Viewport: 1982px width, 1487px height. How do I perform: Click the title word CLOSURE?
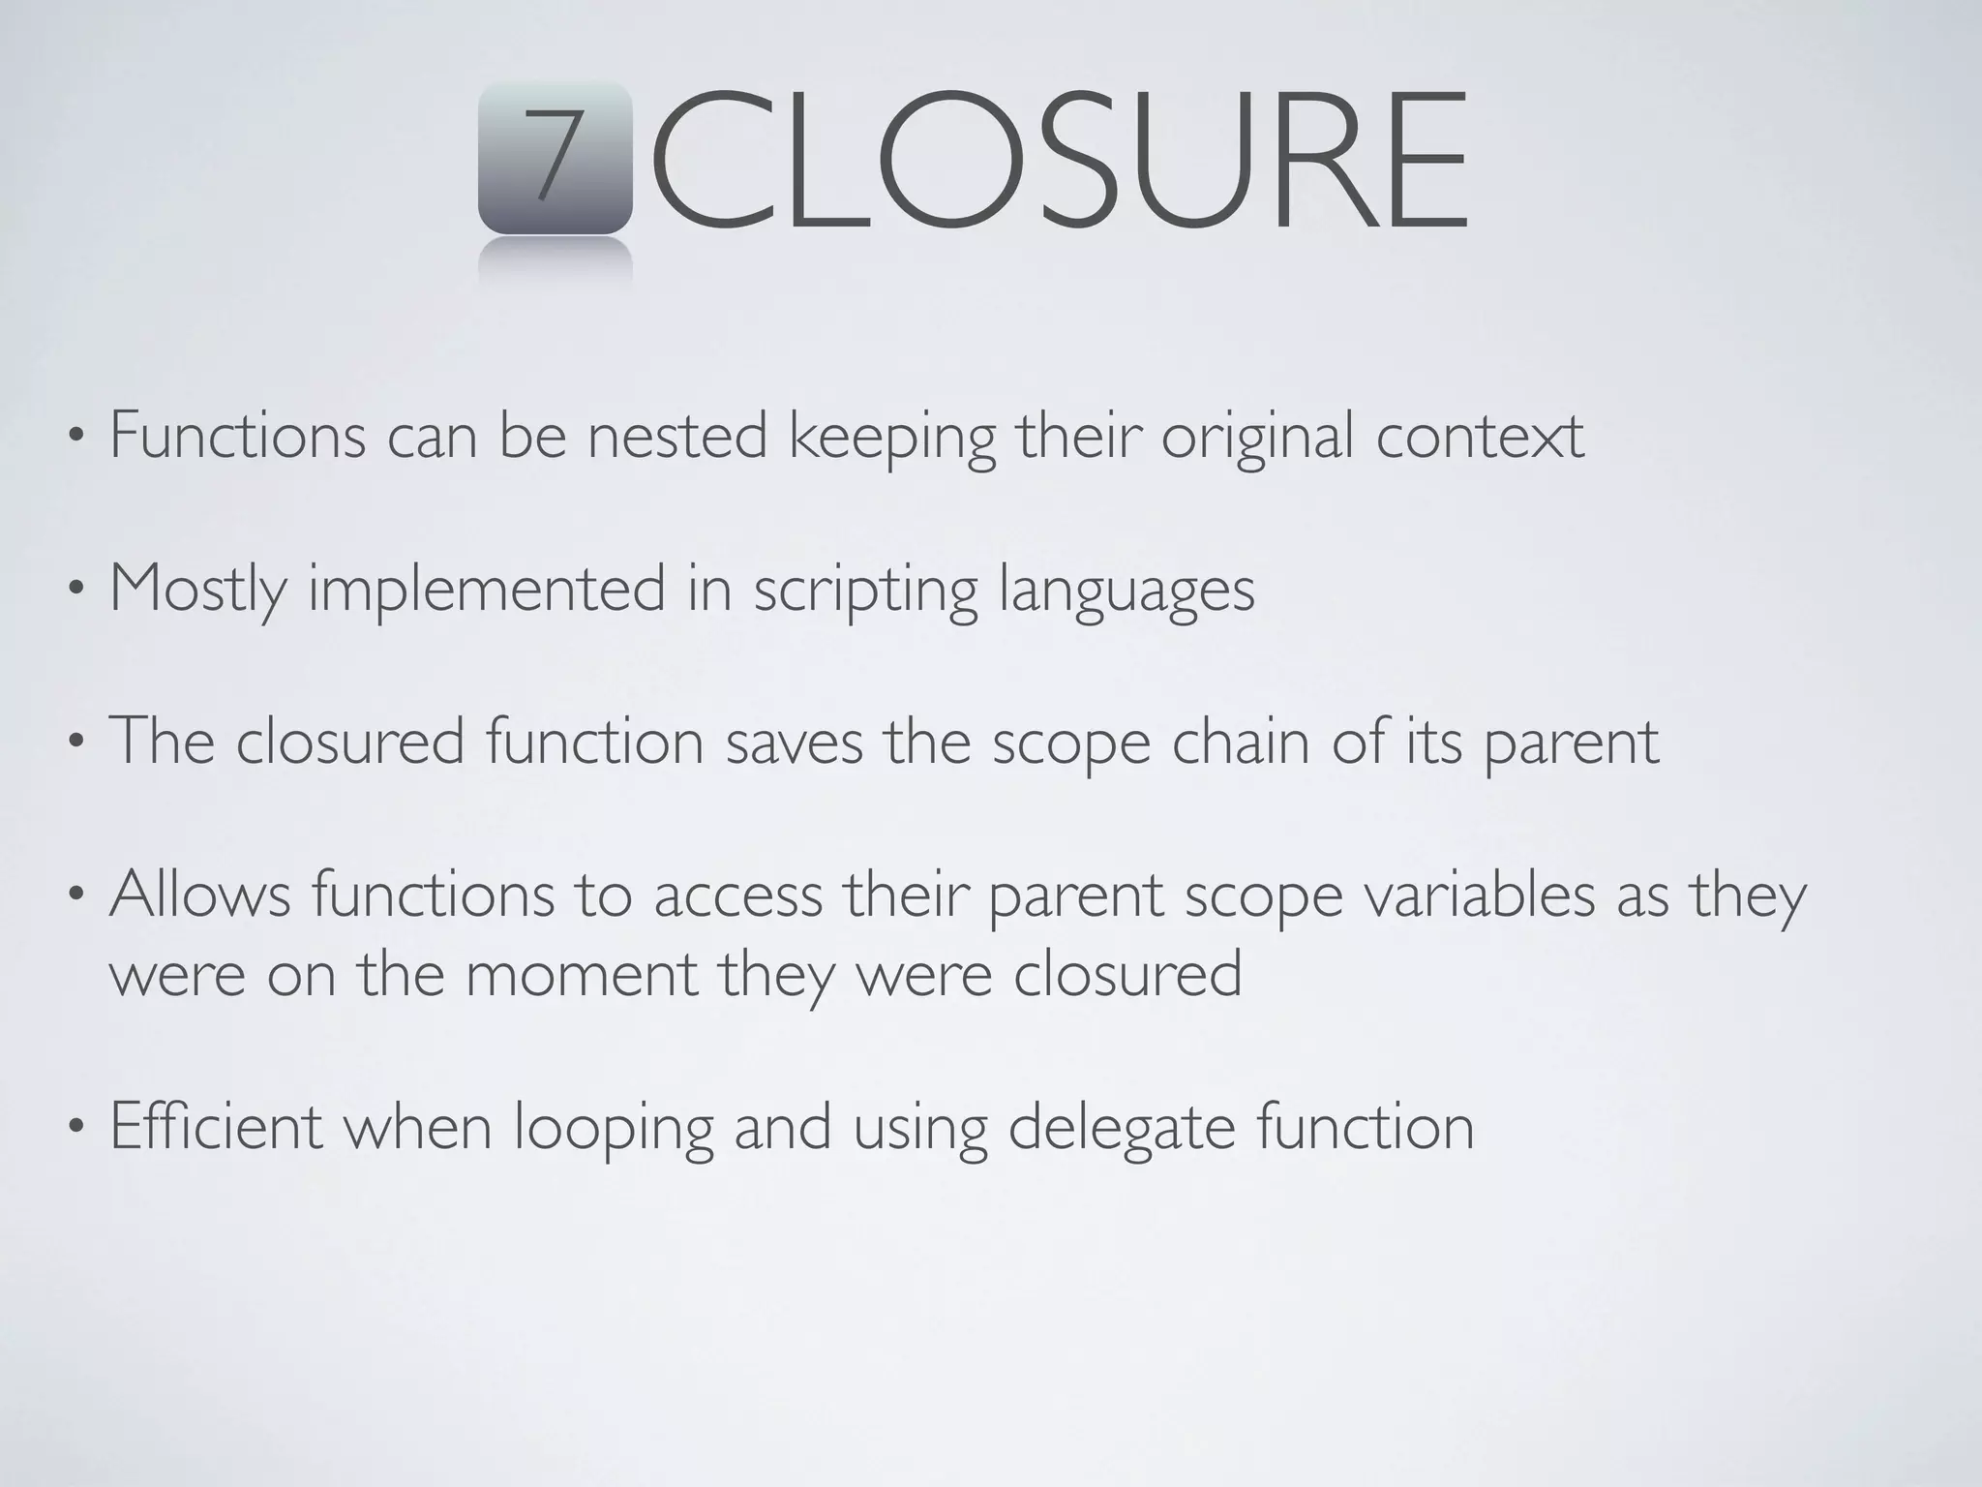tap(1060, 160)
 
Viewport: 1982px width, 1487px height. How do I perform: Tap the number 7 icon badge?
tap(555, 157)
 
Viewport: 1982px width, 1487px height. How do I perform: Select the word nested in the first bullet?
tap(677, 437)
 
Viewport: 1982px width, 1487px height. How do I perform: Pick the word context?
tap(1480, 437)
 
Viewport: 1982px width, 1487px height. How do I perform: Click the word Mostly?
tap(198, 590)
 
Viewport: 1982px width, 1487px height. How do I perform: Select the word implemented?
tap(487, 590)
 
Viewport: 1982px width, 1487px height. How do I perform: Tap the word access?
tap(737, 896)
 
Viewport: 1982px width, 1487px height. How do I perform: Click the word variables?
tap(1480, 895)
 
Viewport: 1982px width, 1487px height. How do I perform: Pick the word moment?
tap(581, 974)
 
